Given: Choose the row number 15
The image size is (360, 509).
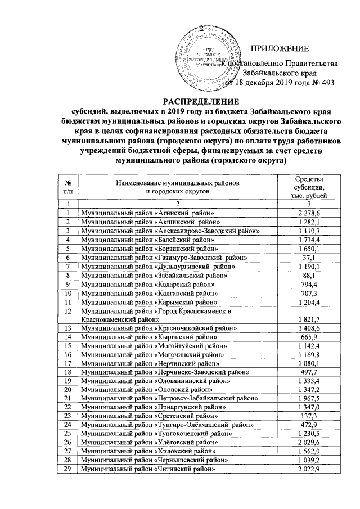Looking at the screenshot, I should [x=67, y=345].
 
